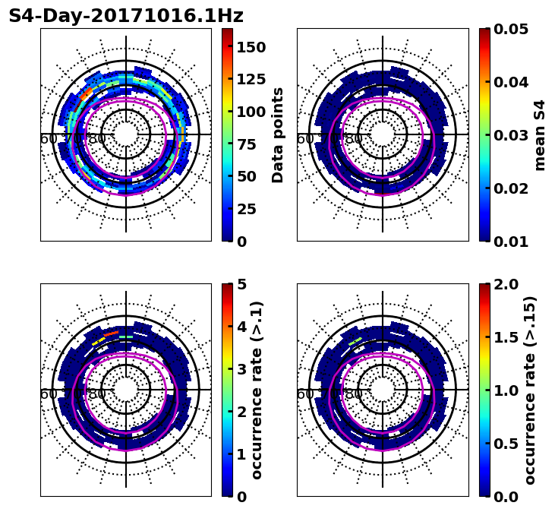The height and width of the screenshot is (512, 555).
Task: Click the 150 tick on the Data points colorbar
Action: click(x=251, y=47)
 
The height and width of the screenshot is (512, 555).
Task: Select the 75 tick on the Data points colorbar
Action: click(x=246, y=144)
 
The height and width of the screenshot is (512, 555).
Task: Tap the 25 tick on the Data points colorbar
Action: click(x=246, y=209)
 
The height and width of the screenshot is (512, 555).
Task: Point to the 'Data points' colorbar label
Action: click(x=278, y=134)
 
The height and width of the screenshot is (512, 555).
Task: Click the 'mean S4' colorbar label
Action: click(x=540, y=134)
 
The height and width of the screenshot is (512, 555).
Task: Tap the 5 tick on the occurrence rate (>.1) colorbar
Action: click(x=241, y=284)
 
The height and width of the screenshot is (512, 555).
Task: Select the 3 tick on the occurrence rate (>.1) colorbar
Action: click(x=241, y=369)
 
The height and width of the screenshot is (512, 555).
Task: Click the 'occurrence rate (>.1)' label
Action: click(x=257, y=390)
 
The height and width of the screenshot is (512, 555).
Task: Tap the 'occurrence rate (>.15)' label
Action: click(x=530, y=390)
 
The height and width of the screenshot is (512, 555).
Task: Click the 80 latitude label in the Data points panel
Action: click(x=97, y=139)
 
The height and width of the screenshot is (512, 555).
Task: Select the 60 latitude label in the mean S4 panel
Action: click(x=304, y=139)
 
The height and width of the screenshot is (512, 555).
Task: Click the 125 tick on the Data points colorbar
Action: click(x=251, y=80)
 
